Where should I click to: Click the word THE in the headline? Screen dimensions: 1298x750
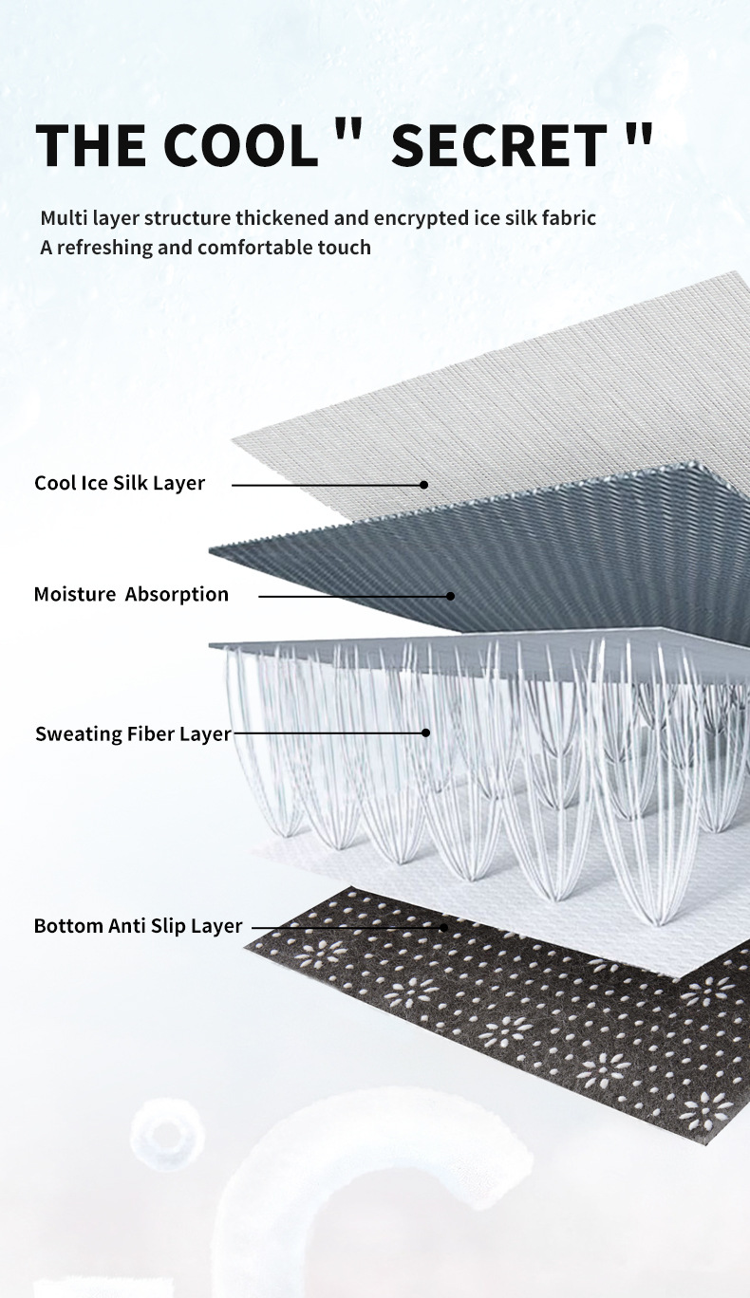pyautogui.click(x=90, y=145)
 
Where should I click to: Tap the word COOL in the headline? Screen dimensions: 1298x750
pyautogui.click(x=241, y=145)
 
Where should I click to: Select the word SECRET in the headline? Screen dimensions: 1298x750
pyautogui.click(x=498, y=145)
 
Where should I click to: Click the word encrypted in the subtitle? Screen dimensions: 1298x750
pyautogui.click(x=421, y=218)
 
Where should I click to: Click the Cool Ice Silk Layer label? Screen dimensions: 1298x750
pyautogui.click(x=120, y=483)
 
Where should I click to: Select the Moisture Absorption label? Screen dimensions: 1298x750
pyautogui.click(x=131, y=595)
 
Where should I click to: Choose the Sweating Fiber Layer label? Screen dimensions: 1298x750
pyautogui.click(x=133, y=733)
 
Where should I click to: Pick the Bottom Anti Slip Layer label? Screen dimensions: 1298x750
pyautogui.click(x=139, y=926)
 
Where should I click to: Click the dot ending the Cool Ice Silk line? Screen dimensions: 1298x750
pyautogui.click(x=424, y=485)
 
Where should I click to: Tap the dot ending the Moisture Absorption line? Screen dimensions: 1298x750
pyautogui.click(x=451, y=597)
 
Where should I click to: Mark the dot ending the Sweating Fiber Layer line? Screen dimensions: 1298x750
pyautogui.click(x=425, y=732)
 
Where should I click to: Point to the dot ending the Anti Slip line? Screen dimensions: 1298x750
pyautogui.click(x=443, y=927)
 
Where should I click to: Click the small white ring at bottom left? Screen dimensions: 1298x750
pyautogui.click(x=167, y=1133)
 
